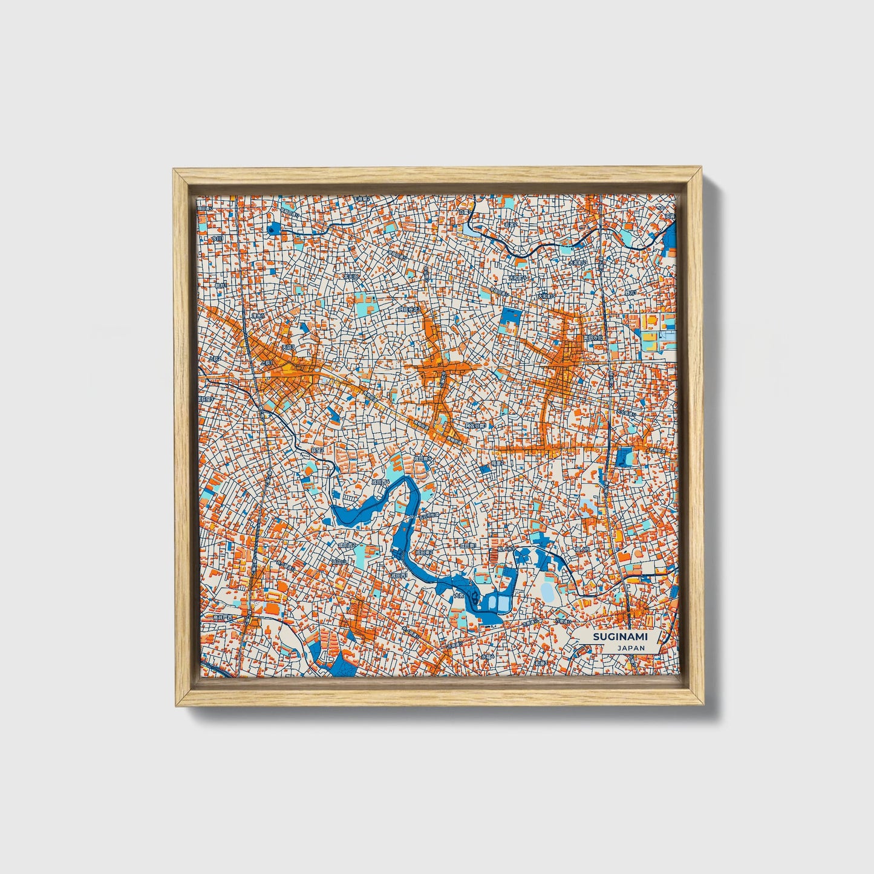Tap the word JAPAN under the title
631,648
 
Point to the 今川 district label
217,238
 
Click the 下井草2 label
362,199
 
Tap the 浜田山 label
338,562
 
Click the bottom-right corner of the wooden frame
706,706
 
